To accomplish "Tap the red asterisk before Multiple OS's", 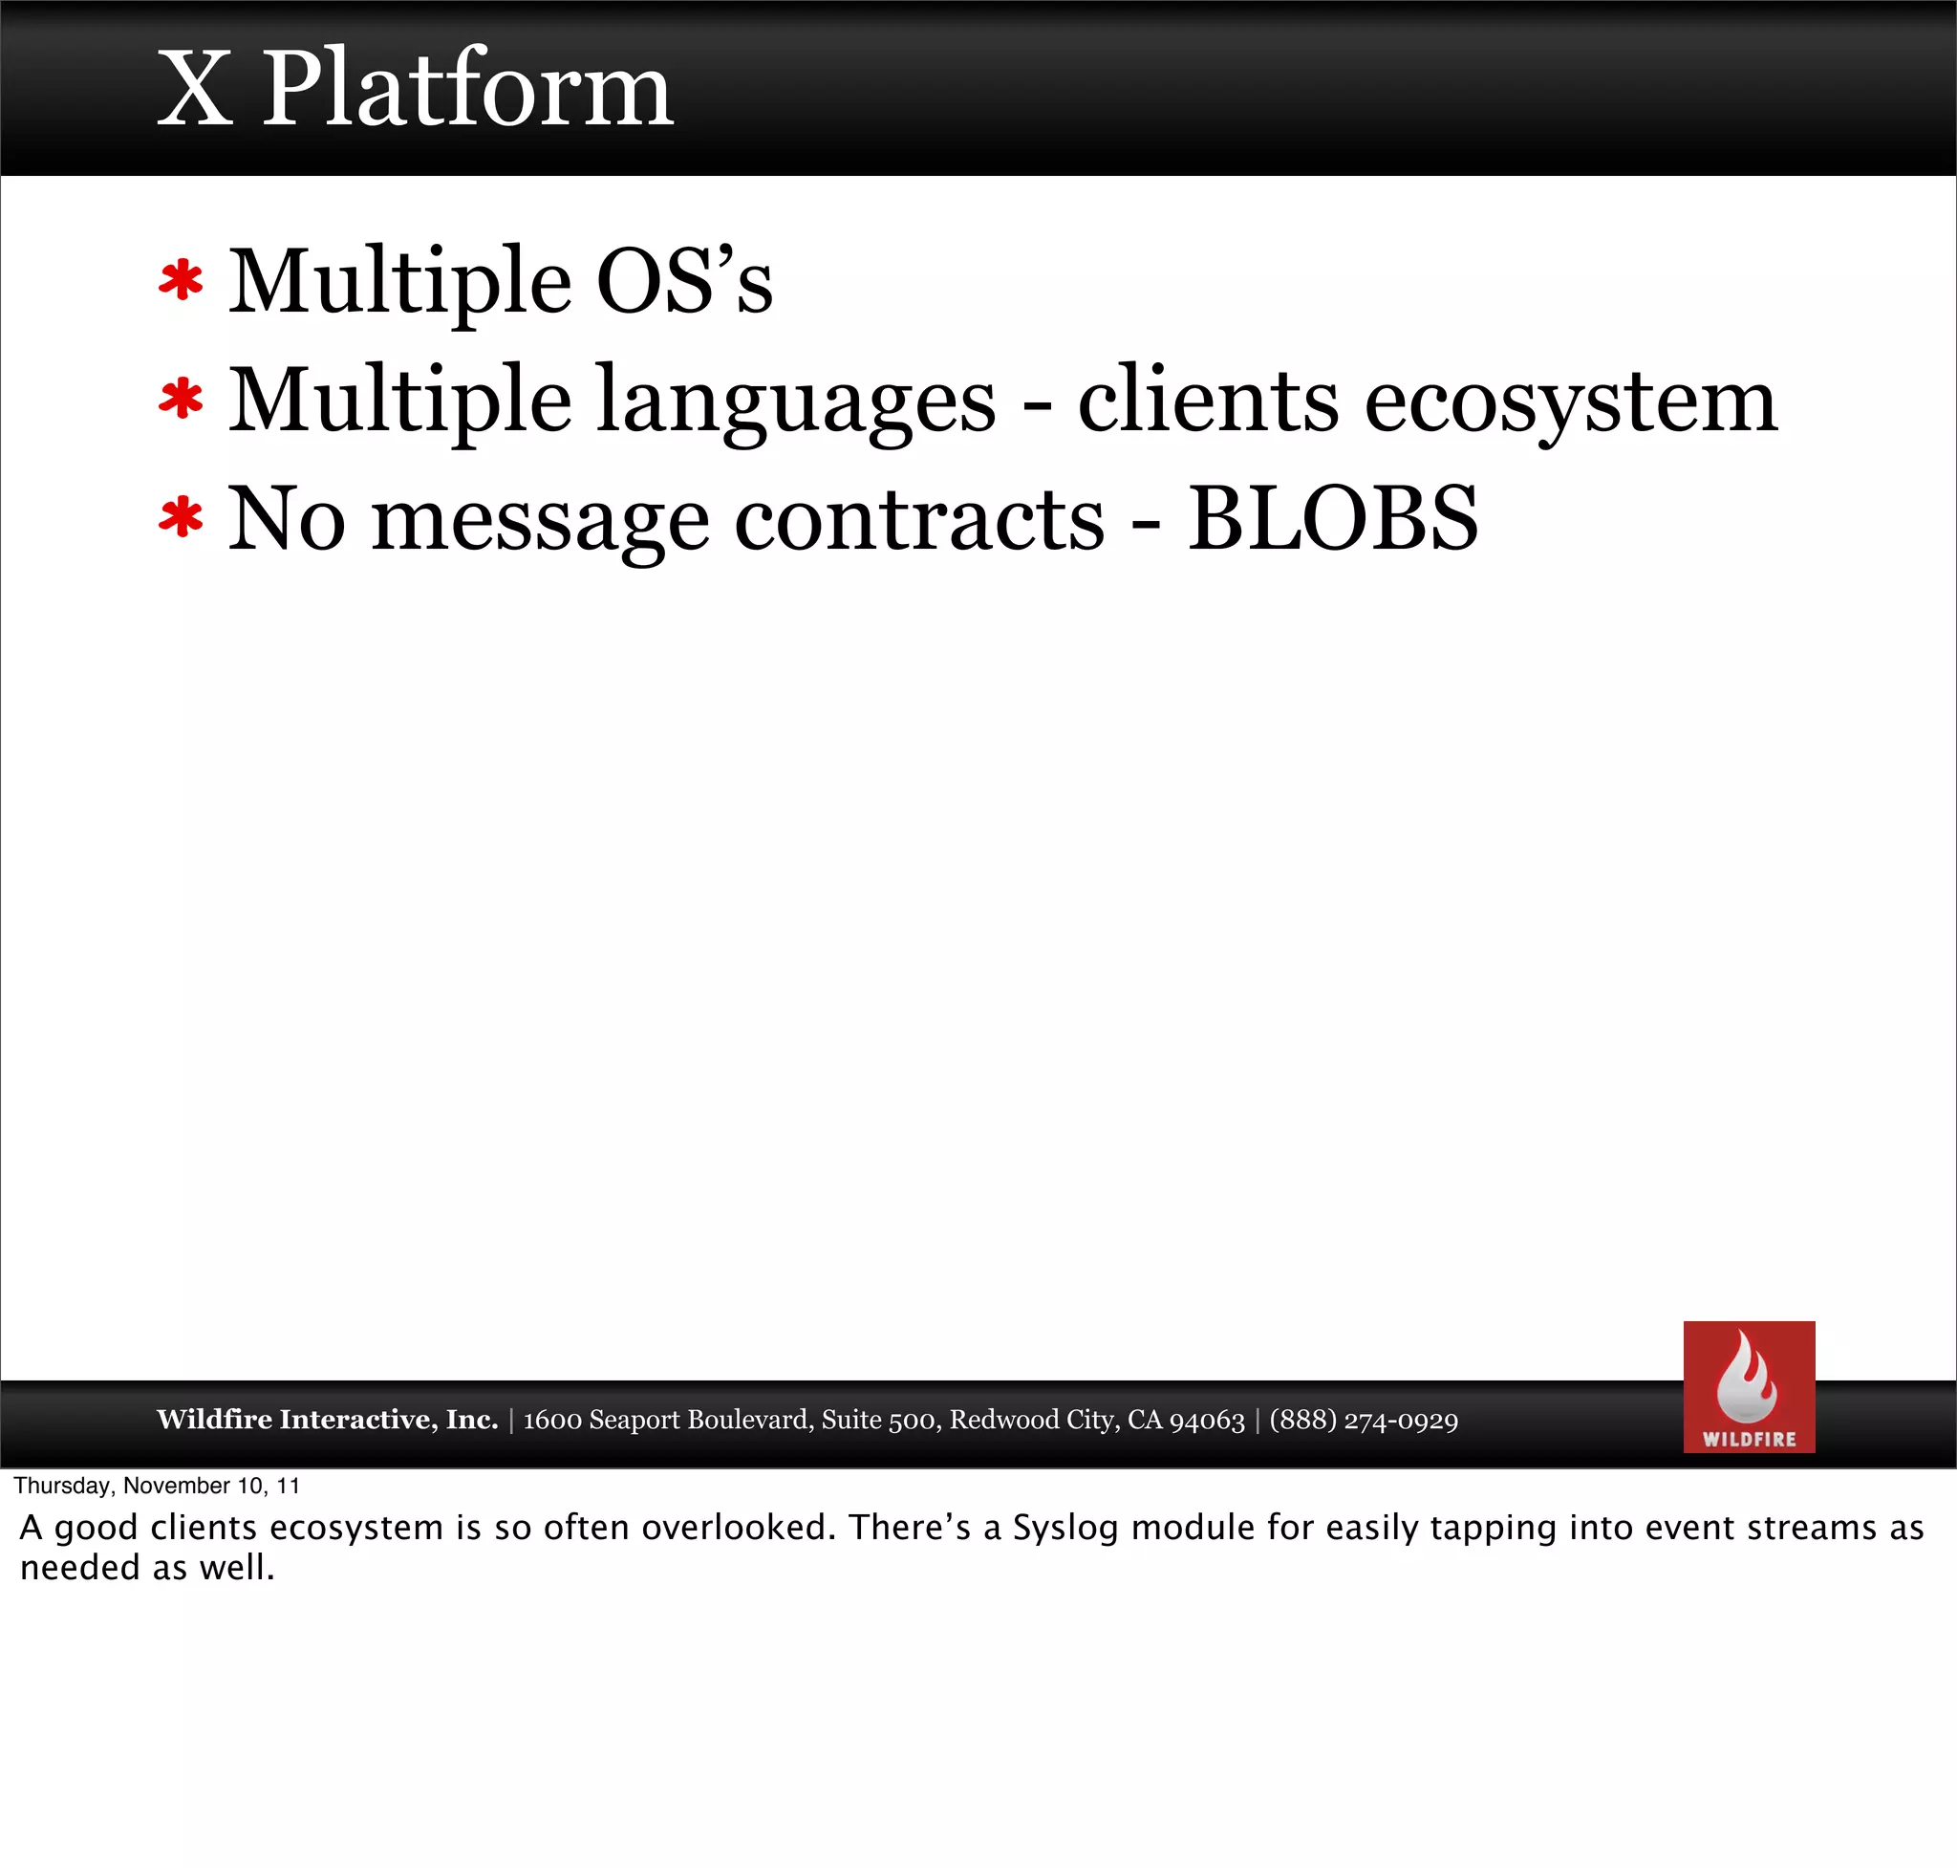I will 182,282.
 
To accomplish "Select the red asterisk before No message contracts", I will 182,519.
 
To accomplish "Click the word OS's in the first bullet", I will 684,282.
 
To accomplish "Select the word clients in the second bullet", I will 1208,402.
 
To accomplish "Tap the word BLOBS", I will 1333,519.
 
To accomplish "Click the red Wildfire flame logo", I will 1748,1386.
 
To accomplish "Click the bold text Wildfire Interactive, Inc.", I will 327,1419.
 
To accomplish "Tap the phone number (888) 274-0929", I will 1363,1420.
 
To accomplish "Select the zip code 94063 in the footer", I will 1207,1420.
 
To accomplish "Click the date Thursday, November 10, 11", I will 157,1486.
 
